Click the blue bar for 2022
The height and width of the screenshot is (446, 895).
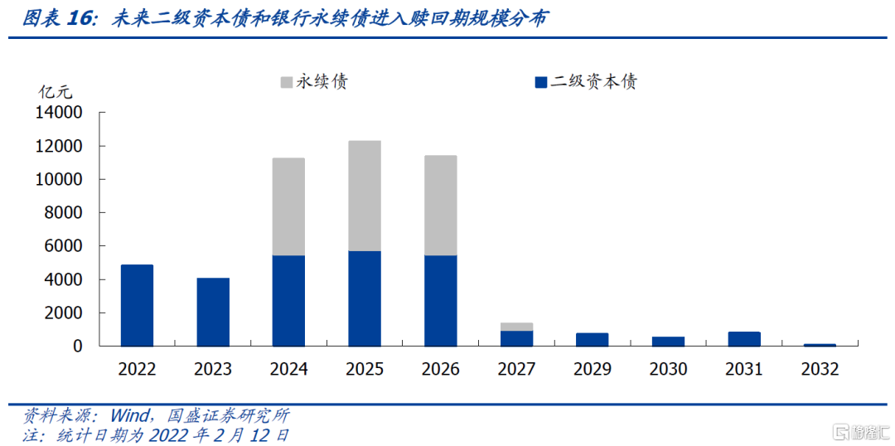coord(137,305)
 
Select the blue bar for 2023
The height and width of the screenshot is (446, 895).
coord(213,312)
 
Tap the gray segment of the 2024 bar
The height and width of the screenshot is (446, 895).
coord(289,206)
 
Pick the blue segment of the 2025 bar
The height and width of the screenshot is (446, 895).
coord(365,298)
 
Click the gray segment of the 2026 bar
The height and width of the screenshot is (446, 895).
coord(441,206)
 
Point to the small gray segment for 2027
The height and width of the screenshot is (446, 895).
coord(517,327)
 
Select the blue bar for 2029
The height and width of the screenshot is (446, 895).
coord(593,339)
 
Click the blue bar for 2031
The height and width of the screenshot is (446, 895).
coord(744,338)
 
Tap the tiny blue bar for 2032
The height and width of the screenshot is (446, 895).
coord(820,344)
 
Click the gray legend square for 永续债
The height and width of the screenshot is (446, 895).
coord(287,82)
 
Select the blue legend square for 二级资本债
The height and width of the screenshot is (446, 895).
coord(541,82)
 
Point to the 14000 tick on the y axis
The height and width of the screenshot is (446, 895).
coord(59,113)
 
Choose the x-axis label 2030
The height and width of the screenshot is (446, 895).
coord(668,369)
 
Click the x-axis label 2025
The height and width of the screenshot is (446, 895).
coord(365,369)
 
